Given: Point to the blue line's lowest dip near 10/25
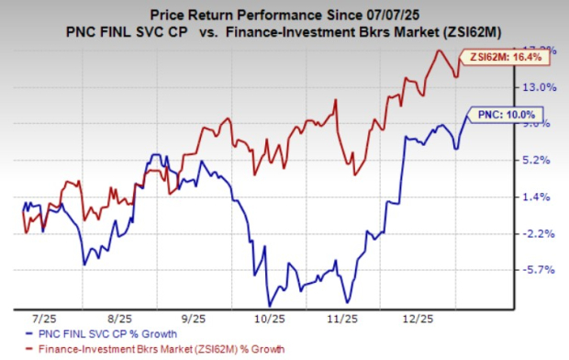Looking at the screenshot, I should pyautogui.click(x=269, y=305).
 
